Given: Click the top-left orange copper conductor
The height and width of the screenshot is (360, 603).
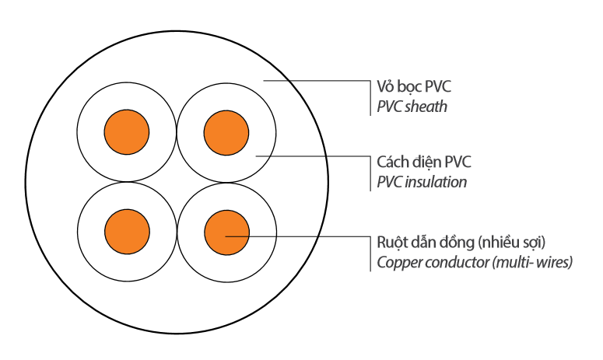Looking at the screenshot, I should [x=127, y=131].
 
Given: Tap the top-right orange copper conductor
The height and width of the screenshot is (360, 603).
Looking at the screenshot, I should [x=226, y=131].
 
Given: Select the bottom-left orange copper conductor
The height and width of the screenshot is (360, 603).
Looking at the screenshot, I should [x=127, y=231].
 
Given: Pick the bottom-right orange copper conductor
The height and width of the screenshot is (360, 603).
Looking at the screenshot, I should [x=226, y=231].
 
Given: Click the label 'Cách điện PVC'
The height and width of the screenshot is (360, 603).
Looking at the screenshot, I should [x=424, y=163].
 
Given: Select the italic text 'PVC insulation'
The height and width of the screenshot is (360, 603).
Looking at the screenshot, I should [x=422, y=182].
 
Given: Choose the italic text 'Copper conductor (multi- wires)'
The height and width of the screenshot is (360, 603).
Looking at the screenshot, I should [x=475, y=262].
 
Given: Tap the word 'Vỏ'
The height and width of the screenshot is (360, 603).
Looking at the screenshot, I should [x=387, y=86].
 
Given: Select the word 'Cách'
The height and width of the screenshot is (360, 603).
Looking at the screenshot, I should [x=394, y=163].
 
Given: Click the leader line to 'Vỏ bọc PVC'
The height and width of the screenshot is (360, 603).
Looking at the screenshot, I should [x=319, y=79].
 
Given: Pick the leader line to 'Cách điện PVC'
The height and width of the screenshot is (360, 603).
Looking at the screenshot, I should [x=319, y=156].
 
